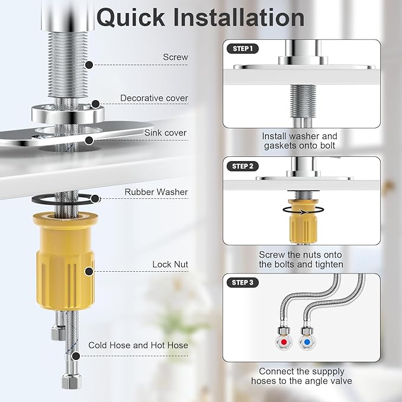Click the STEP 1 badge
243,49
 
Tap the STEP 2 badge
243,166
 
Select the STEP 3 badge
243,282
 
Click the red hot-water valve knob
284,342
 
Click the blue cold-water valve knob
307,342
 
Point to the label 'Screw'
175,57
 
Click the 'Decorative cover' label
154,98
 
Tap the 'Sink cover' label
165,133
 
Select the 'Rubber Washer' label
156,192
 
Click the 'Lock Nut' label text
171,264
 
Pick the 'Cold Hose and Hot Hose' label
138,345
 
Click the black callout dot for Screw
89,65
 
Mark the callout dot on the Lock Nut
89,272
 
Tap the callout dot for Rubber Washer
95,199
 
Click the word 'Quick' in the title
131,17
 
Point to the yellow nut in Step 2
303,222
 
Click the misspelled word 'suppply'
327,371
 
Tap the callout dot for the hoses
76,356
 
